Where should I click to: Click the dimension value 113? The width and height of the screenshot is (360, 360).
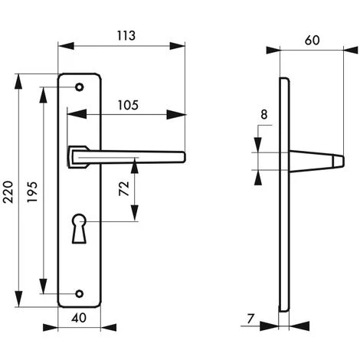pos(122,34)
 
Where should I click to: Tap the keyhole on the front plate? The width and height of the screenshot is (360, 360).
pos(80,227)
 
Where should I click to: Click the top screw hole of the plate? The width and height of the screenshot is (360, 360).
pos(79,89)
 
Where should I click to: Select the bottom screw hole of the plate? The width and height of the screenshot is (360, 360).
pos(79,292)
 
